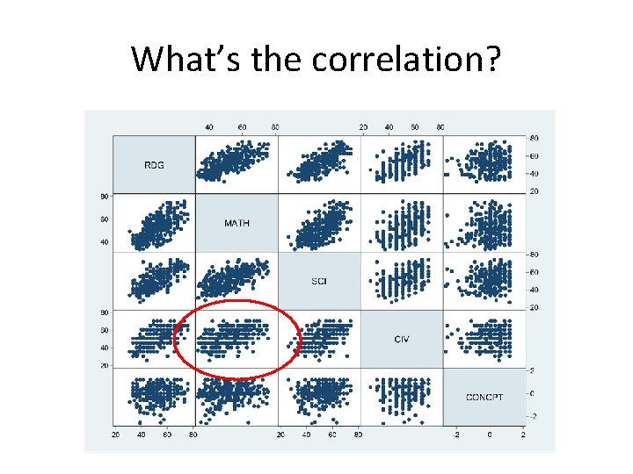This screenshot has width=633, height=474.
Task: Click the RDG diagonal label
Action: (x=153, y=164)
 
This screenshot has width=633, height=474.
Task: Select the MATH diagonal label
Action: (x=236, y=223)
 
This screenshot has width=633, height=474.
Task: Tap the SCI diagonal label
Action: (x=319, y=281)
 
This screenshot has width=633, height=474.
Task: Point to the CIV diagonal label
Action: (x=402, y=339)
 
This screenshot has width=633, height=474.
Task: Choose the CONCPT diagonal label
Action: (x=484, y=397)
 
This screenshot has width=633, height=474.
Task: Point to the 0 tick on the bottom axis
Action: (x=491, y=434)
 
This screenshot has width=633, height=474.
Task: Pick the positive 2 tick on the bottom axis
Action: (x=523, y=434)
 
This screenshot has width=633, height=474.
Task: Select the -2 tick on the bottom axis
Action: (x=455, y=434)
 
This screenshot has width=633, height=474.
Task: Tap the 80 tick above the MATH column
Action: (x=275, y=127)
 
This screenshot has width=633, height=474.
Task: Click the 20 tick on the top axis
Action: (x=363, y=127)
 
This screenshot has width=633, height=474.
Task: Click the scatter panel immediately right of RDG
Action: (x=236, y=164)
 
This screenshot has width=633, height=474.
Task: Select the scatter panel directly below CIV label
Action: (x=402, y=397)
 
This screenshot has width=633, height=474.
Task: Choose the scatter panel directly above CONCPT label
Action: (x=484, y=339)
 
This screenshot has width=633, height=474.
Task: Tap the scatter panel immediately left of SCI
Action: (x=236, y=281)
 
